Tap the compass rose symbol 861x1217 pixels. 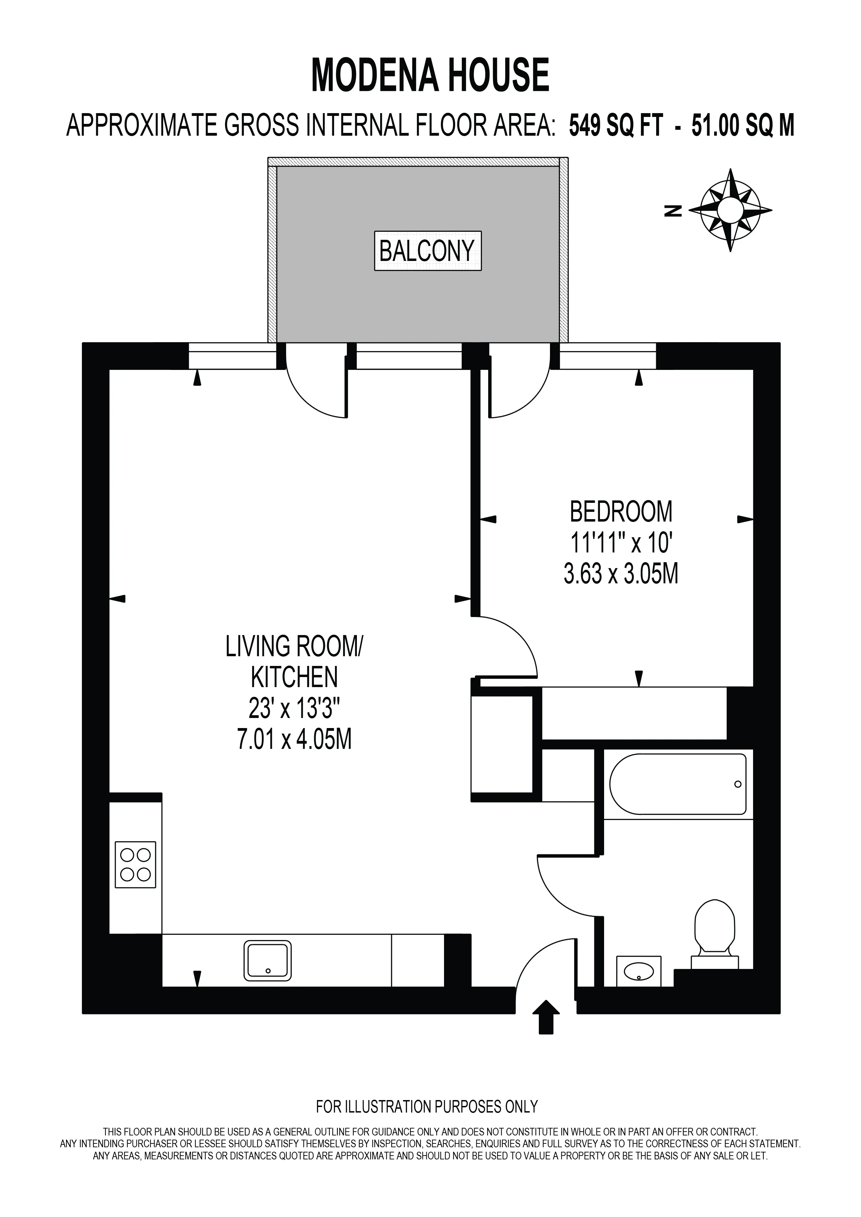[x=730, y=210]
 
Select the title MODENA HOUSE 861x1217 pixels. [x=430, y=75]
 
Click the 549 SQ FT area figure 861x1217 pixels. [x=616, y=126]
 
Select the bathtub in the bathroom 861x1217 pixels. [x=678, y=784]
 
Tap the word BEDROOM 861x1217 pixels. [x=621, y=512]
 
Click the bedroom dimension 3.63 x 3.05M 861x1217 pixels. [x=621, y=574]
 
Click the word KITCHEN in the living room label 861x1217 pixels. [x=294, y=677]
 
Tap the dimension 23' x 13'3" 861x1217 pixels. [x=294, y=708]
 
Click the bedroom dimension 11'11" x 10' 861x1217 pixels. [x=621, y=542]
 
